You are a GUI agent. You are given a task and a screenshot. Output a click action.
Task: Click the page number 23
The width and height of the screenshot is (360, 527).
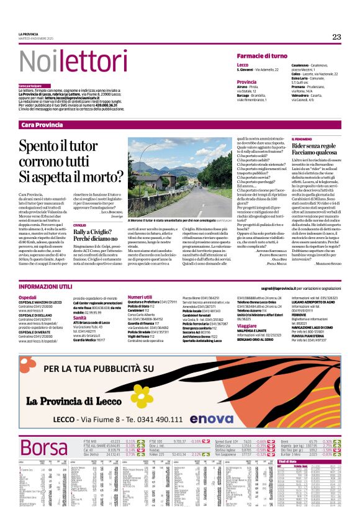[336, 37]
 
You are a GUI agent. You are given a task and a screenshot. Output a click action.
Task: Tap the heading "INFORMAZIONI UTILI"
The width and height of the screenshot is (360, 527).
[48, 289]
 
